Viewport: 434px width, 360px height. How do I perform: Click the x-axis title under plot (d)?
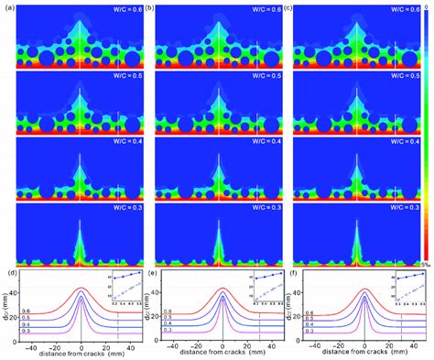pyautogui.click(x=81, y=354)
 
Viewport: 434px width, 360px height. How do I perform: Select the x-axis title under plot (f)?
pyautogui.click(x=364, y=354)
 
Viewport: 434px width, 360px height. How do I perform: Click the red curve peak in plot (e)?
pyautogui.click(x=223, y=289)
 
